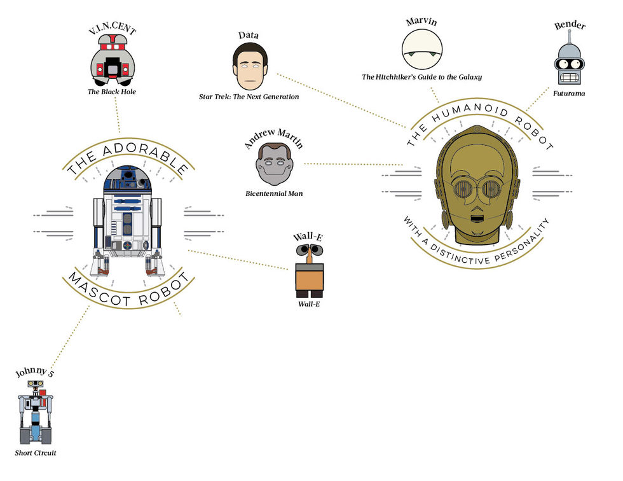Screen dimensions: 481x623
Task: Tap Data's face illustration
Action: (250, 67)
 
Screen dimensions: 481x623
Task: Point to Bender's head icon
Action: (569, 64)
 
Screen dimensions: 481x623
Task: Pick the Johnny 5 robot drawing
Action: (36, 414)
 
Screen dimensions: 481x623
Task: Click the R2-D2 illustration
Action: (127, 220)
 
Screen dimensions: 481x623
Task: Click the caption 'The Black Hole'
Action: (112, 92)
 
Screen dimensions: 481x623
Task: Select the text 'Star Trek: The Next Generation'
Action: (249, 97)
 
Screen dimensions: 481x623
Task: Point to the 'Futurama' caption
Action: (569, 94)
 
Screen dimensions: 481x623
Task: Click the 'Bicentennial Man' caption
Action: (274, 193)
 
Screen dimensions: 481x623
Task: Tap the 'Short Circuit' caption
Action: (36, 453)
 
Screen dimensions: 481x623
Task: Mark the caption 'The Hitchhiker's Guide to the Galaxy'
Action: (422, 77)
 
